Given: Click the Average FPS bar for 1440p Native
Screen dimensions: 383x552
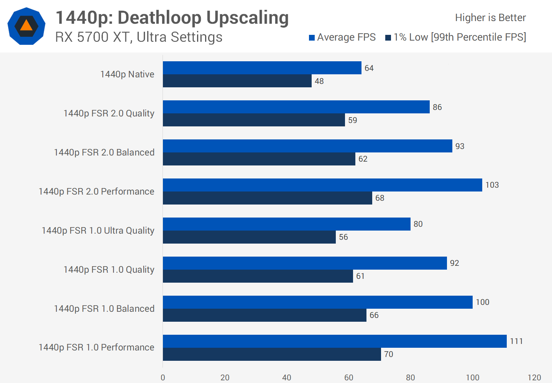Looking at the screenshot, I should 262,68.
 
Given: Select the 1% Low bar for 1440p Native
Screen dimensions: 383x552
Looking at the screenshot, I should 237,81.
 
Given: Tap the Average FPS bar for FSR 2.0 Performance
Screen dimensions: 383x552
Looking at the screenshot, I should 322,185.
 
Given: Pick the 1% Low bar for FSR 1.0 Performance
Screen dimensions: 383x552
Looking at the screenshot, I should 272,354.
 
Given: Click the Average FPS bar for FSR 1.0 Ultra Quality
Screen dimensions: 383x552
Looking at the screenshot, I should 286,224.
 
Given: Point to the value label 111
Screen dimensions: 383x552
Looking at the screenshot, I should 516,341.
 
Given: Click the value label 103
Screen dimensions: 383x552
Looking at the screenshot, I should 492,185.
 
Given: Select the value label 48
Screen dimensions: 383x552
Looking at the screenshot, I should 319,81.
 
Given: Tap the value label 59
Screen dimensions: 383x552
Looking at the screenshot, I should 353,120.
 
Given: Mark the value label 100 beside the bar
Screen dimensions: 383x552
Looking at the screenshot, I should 483,302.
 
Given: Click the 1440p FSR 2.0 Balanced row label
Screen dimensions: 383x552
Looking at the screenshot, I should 104,152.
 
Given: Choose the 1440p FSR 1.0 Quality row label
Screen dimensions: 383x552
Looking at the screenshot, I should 109,270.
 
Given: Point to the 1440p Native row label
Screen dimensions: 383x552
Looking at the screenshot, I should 127,74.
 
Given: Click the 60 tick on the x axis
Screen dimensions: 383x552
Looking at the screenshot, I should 349,378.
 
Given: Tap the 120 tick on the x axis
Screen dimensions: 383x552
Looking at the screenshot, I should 534,378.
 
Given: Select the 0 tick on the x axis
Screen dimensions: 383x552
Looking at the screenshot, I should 163,378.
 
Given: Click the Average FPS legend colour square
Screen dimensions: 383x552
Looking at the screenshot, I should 312,38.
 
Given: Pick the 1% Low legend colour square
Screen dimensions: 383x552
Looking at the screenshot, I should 388,38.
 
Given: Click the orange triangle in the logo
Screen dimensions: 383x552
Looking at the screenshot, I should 26,26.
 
